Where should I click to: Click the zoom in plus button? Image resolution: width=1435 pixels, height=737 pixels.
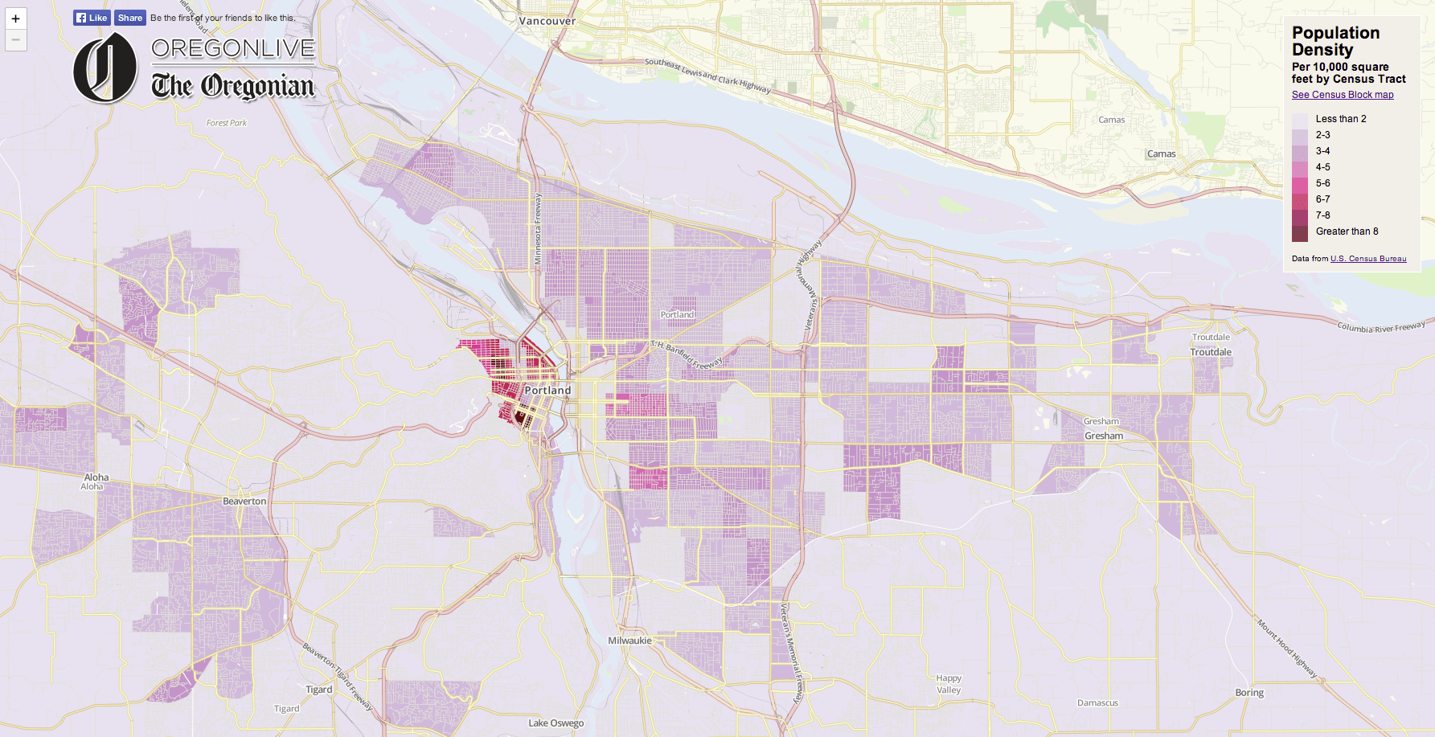click(15, 18)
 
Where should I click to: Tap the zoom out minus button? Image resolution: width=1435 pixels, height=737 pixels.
click(15, 39)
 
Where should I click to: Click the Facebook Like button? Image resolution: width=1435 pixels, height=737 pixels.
click(92, 18)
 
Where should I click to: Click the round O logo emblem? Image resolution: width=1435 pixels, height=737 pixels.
click(105, 68)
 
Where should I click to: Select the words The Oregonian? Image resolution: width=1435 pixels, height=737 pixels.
click(232, 85)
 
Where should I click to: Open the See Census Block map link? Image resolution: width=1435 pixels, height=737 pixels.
click(1342, 95)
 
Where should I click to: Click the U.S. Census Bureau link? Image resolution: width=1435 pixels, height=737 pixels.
click(1367, 259)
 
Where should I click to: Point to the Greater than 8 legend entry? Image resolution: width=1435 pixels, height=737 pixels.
click(1346, 231)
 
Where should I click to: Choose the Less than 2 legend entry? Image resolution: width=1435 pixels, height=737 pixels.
click(1340, 119)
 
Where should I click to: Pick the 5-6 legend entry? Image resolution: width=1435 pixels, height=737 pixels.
click(1322, 183)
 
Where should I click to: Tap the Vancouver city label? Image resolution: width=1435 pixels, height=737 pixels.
click(547, 21)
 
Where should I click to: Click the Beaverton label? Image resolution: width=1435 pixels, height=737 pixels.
click(244, 501)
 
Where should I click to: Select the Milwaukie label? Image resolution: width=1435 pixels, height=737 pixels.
click(629, 641)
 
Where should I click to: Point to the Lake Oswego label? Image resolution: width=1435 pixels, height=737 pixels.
click(556, 723)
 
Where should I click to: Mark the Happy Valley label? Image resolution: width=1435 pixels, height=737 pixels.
click(949, 684)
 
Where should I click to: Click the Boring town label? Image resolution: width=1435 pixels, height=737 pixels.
click(1249, 693)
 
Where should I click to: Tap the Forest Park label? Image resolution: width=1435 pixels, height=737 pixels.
click(227, 123)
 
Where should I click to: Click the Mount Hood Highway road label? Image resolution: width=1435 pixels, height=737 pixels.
click(1286, 648)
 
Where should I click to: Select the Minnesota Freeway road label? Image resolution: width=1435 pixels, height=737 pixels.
click(538, 229)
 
